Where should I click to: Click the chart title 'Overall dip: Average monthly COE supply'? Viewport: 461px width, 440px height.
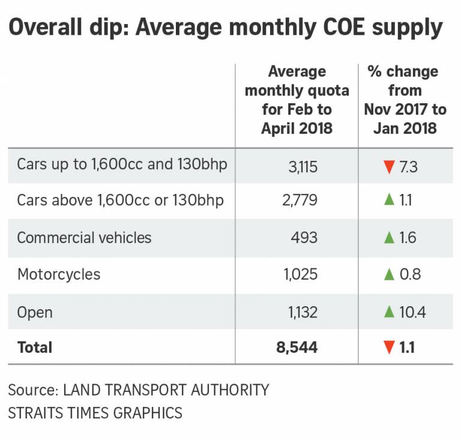click(226, 28)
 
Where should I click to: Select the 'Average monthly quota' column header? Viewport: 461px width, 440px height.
click(297, 100)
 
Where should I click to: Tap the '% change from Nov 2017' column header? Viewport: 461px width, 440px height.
click(405, 100)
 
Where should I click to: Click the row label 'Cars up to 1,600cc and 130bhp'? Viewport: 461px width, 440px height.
click(122, 164)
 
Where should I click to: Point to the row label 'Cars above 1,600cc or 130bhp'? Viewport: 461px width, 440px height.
click(120, 200)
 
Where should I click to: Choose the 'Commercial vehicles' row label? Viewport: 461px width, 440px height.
click(84, 238)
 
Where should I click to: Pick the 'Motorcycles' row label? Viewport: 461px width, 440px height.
click(59, 274)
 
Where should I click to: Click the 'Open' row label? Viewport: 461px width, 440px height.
click(35, 312)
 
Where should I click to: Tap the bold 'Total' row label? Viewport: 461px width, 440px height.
click(35, 348)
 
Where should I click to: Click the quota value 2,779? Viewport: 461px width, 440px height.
click(300, 200)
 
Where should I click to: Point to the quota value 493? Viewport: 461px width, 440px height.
click(304, 238)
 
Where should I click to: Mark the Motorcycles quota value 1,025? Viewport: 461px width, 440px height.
click(300, 274)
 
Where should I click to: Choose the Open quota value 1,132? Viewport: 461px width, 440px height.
click(301, 312)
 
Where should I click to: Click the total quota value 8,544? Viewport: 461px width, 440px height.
click(296, 348)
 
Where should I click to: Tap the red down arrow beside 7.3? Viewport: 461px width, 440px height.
click(389, 165)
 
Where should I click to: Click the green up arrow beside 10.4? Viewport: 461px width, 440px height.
click(389, 312)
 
